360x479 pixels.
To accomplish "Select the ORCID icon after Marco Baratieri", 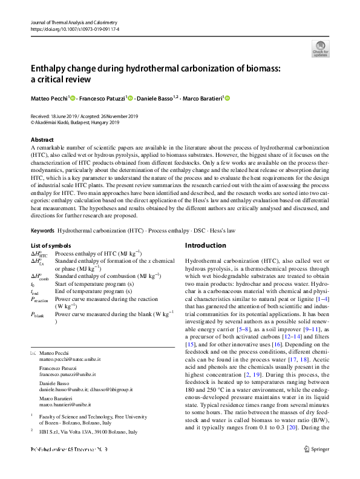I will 228,98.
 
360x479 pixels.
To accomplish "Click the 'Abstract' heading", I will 42,139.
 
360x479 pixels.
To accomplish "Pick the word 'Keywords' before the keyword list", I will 42,231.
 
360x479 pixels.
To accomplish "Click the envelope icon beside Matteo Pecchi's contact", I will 33,352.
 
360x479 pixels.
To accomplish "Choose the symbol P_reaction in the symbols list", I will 40,300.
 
